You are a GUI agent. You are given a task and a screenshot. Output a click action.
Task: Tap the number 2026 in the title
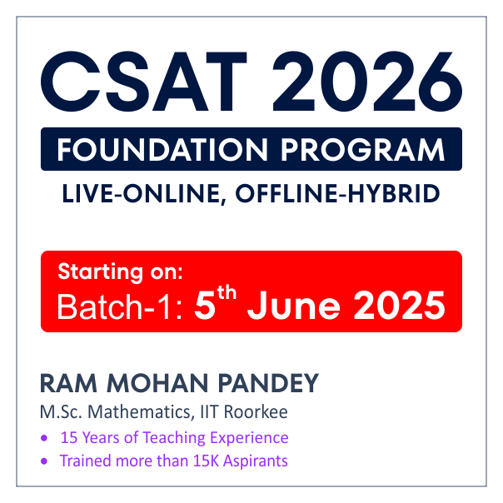(367, 82)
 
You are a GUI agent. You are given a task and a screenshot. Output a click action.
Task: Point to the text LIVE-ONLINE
(144, 194)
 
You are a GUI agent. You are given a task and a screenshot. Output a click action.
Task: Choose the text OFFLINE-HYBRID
(337, 193)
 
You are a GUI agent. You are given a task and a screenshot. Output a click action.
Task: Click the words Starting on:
(120, 272)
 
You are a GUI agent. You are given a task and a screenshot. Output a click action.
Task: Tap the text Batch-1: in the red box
(119, 306)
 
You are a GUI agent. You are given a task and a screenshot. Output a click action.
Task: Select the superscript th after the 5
(227, 293)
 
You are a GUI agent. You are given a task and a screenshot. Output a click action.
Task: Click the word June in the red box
(293, 306)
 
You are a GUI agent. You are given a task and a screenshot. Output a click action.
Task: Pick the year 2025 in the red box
(400, 306)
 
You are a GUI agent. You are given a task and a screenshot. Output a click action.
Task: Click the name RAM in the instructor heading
(68, 383)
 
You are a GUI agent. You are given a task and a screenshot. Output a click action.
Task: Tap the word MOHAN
(157, 383)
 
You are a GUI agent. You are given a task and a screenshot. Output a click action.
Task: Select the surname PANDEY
(268, 383)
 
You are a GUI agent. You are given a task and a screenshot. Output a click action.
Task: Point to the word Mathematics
(141, 412)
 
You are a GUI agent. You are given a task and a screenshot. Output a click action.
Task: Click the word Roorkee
(256, 412)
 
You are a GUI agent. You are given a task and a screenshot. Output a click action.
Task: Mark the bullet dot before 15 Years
(44, 438)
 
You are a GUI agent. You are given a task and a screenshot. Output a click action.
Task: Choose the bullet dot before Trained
(44, 461)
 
